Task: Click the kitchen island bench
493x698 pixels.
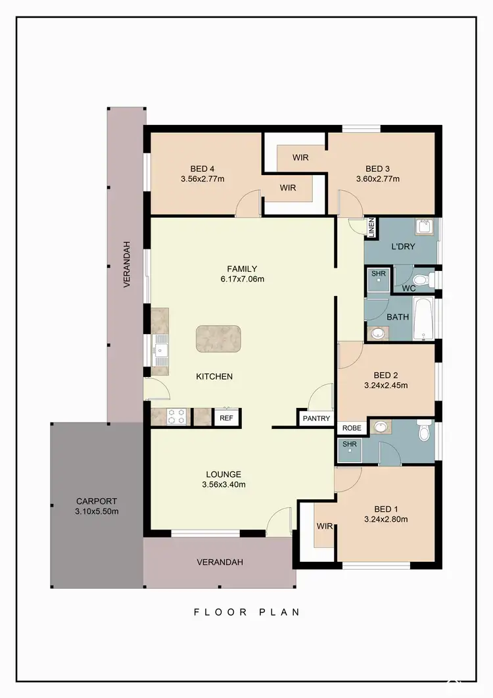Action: coord(218,338)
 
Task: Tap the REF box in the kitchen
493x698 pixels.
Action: coord(226,418)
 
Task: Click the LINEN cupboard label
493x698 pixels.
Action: coord(371,228)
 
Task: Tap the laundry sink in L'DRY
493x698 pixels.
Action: coord(424,227)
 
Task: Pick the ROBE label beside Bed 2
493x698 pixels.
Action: coord(352,428)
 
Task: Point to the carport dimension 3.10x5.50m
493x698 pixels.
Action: coord(96,511)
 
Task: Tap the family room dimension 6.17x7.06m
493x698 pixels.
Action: coord(242,279)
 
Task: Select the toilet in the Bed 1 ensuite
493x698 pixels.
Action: coord(424,432)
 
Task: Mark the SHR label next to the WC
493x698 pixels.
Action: coord(378,274)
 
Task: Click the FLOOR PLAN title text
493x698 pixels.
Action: coord(246,612)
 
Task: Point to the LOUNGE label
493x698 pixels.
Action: coord(223,474)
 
